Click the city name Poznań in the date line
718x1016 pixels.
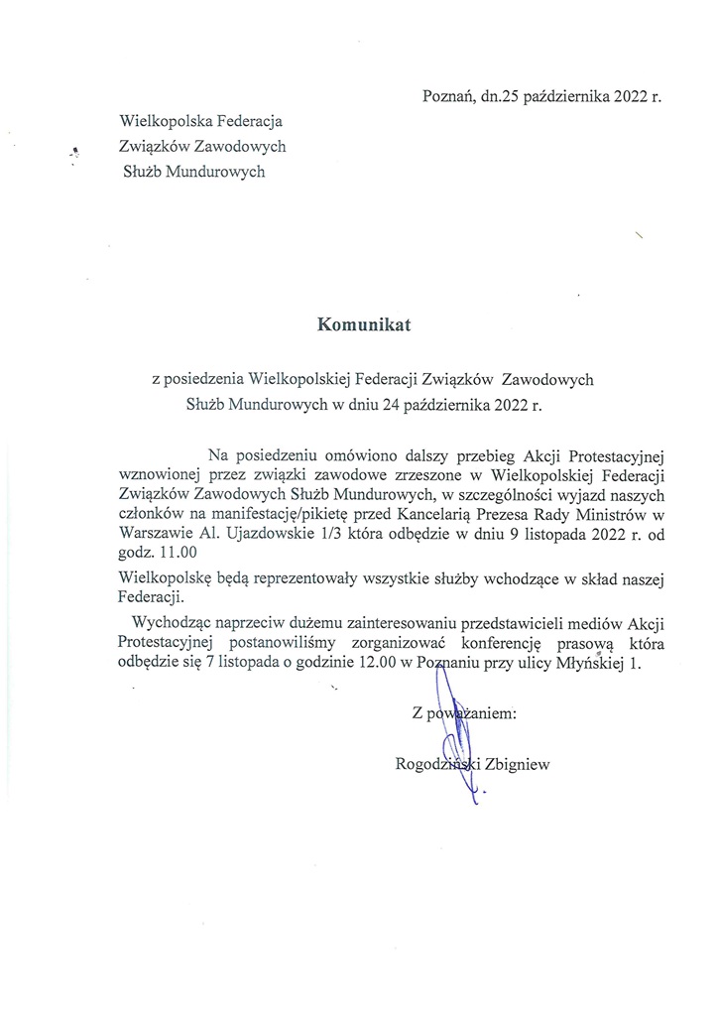tap(447, 97)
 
